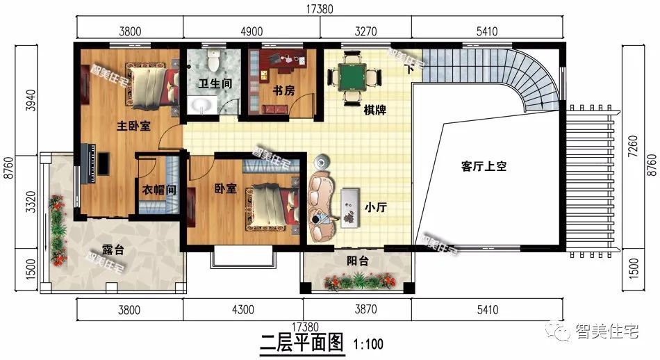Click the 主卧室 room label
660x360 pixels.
tap(133, 126)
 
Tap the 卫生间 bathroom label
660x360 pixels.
tap(215, 83)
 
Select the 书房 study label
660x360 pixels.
tap(282, 90)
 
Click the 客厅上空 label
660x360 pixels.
tap(485, 166)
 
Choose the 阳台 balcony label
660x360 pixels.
tap(358, 261)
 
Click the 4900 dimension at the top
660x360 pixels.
tap(251, 30)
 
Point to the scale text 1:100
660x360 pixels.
tap(368, 343)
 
